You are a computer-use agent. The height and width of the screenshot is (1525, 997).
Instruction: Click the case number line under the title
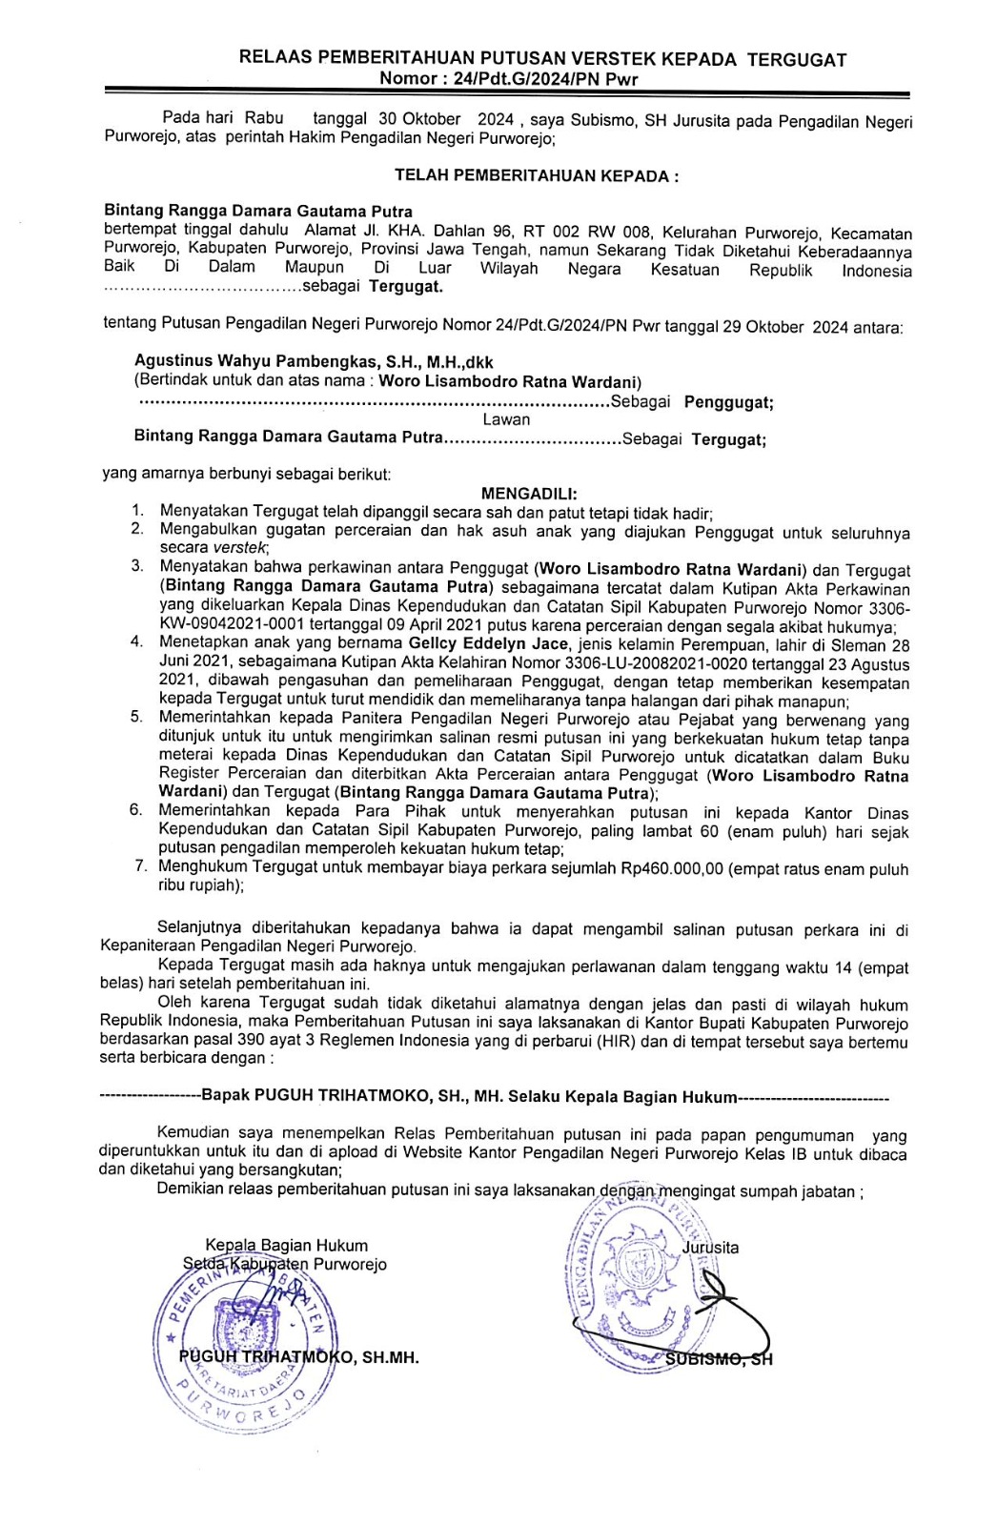click(x=508, y=79)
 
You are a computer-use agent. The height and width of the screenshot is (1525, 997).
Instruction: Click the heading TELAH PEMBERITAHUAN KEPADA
click(x=537, y=175)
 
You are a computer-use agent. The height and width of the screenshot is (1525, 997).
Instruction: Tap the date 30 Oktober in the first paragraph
click(x=419, y=119)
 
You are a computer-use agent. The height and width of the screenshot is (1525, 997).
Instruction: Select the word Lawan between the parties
click(x=505, y=419)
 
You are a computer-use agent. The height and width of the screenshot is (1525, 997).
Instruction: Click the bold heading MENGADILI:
click(x=529, y=494)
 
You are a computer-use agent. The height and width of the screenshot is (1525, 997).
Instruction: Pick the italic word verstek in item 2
click(x=240, y=548)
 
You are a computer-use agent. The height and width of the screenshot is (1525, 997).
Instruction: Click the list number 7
click(x=140, y=866)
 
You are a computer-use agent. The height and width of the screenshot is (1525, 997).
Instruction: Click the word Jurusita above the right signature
click(x=710, y=1248)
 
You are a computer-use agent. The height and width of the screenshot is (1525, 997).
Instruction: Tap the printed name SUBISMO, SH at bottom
click(x=719, y=1359)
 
